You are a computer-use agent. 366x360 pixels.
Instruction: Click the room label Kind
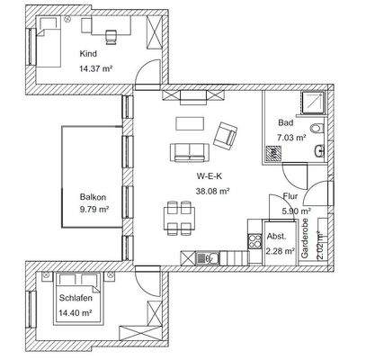point(88,53)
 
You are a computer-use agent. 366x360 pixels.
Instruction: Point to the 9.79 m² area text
point(94,210)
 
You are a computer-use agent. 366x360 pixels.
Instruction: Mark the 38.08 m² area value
point(212,190)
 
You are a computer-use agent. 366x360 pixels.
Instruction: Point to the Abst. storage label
point(276,238)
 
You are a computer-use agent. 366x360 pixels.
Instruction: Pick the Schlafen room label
point(75,297)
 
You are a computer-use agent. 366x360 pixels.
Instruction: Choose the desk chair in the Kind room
point(112,37)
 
